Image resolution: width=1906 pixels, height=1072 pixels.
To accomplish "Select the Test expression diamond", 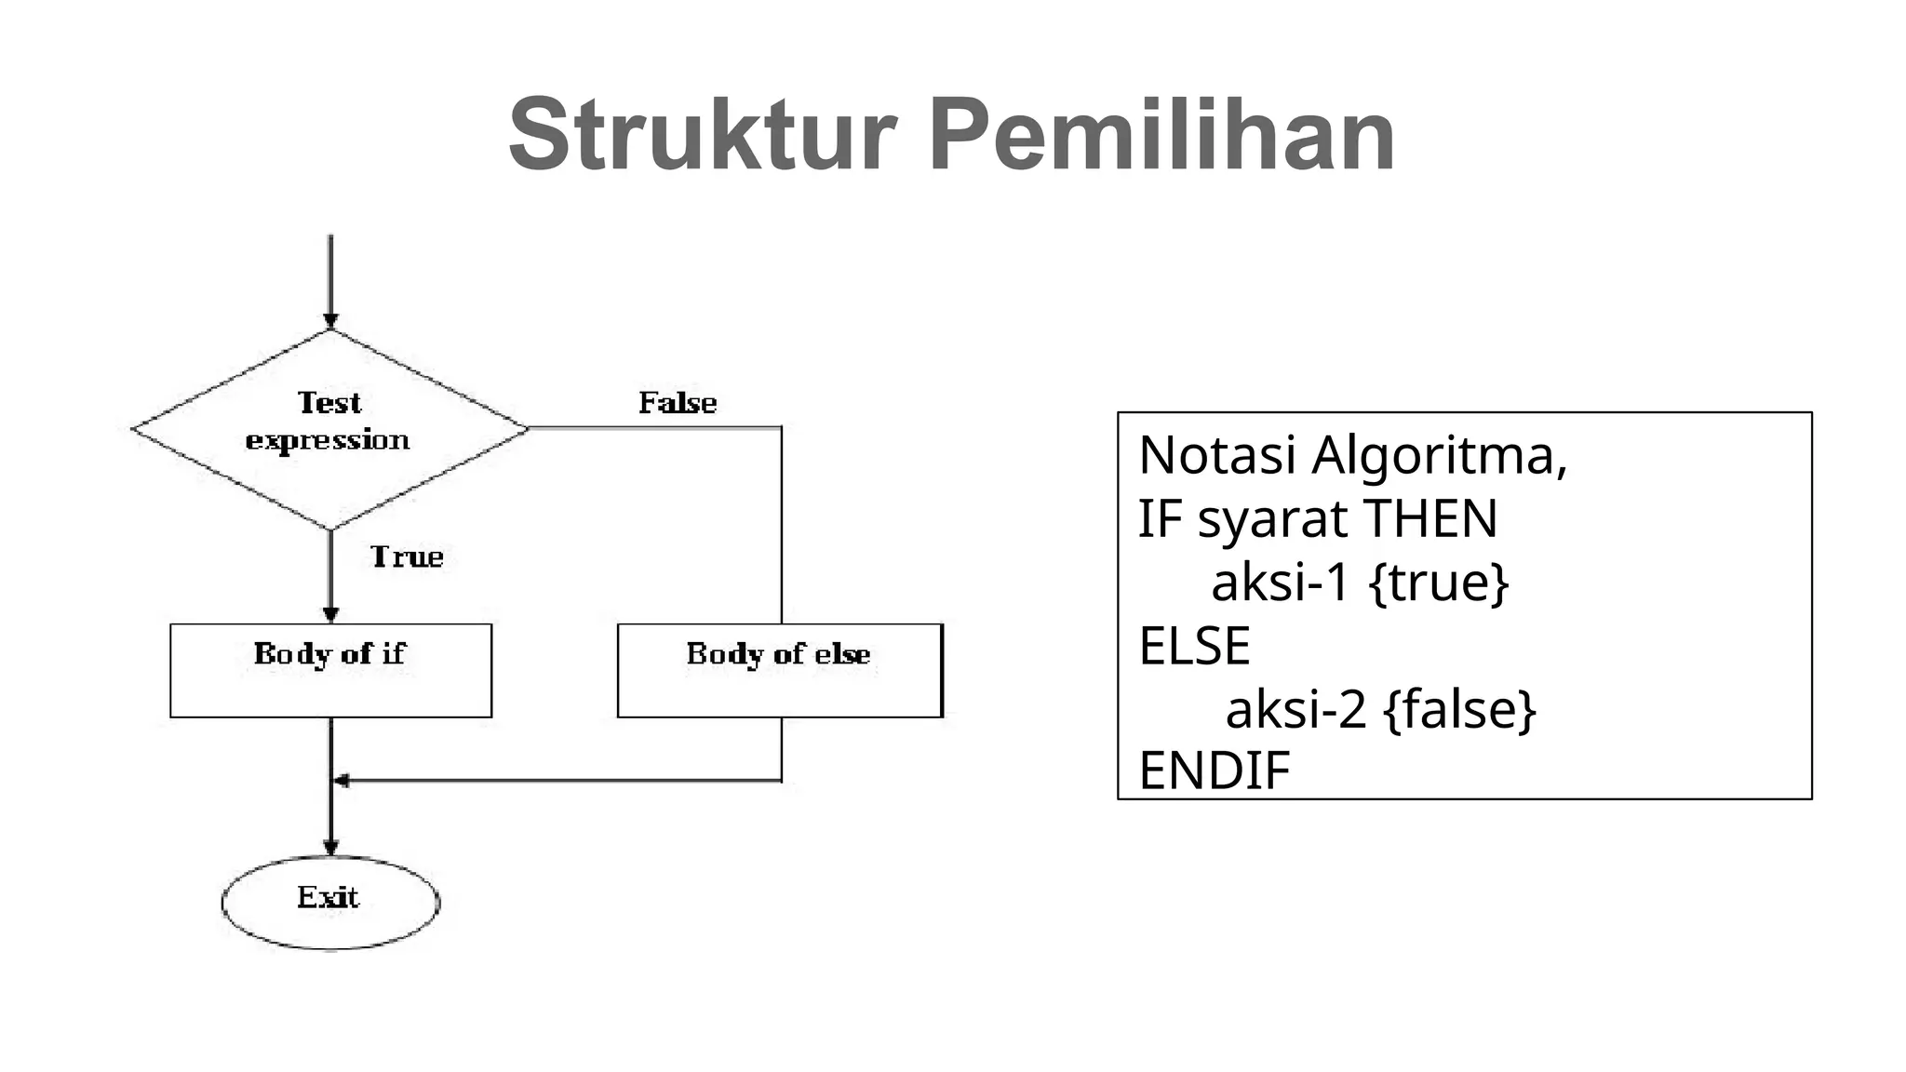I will click(x=329, y=429).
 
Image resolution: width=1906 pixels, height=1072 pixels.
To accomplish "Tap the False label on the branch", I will click(x=678, y=403).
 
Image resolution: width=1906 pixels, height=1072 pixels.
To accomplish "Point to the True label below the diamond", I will click(x=407, y=556).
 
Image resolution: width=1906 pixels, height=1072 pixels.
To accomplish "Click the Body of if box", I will click(x=330, y=670).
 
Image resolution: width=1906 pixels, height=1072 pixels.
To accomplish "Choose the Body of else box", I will click(x=780, y=670).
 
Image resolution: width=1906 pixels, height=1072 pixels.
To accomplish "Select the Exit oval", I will click(x=329, y=901).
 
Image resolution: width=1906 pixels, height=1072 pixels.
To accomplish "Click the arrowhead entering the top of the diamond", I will click(x=330, y=321).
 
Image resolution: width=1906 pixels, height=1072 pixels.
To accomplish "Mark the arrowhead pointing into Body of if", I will click(x=330, y=615).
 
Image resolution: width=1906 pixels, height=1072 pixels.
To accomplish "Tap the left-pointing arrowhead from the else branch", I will click(x=342, y=781).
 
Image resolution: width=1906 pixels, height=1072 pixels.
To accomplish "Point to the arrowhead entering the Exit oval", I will click(x=330, y=848).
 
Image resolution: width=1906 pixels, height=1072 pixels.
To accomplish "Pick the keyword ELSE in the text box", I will click(x=1194, y=646).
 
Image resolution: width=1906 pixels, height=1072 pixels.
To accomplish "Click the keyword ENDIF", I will click(x=1215, y=770).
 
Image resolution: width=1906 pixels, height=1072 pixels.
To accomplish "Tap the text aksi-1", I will click(x=1280, y=583).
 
